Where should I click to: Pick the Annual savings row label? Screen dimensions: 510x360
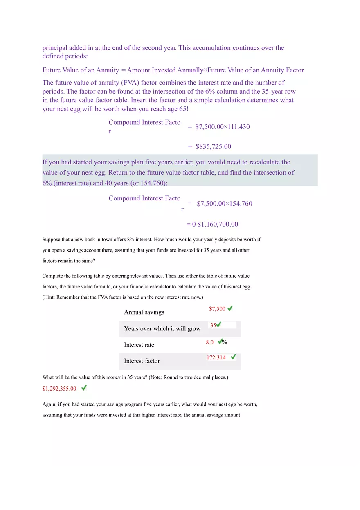click(144, 312)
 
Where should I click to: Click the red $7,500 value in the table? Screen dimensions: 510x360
click(217, 309)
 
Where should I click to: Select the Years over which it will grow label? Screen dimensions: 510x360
click(162, 329)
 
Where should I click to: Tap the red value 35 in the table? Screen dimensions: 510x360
click(213, 325)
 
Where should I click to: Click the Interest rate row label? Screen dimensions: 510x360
click(139, 345)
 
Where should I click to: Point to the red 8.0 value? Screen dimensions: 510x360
click(210, 342)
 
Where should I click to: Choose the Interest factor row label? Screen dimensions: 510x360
click(142, 361)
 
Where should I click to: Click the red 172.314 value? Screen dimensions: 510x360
click(216, 357)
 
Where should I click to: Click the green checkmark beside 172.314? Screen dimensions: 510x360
click(233, 357)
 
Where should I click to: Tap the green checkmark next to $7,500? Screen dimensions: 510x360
click(230, 308)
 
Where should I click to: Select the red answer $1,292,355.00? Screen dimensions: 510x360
click(59, 389)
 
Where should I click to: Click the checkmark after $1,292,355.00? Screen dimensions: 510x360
click(84, 387)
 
